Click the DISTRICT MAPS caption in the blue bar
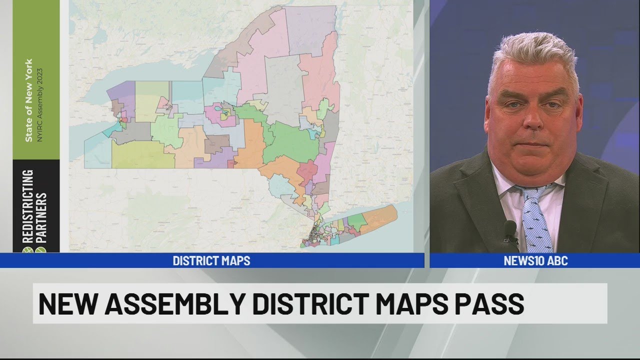point(211,260)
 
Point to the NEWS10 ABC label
point(535,260)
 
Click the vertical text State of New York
point(29,99)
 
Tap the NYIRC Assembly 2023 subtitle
point(40,104)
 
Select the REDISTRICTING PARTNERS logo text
point(35,210)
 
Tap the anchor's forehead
point(532,80)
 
